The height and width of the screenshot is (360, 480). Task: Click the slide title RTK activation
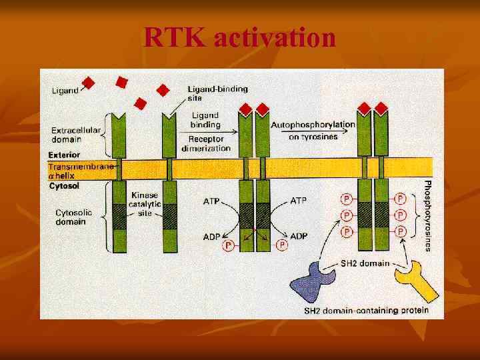(240, 38)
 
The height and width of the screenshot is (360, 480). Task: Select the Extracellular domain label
(75, 135)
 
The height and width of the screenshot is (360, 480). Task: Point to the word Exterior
(64, 155)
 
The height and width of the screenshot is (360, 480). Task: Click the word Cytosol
(63, 186)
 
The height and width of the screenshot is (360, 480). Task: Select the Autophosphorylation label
(313, 125)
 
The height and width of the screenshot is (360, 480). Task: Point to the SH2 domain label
(365, 263)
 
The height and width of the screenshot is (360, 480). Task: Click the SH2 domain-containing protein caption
(366, 311)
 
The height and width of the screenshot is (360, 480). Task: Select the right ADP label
(299, 236)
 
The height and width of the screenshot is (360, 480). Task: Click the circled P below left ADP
(228, 246)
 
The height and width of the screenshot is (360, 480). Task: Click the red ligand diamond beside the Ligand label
(88, 83)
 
